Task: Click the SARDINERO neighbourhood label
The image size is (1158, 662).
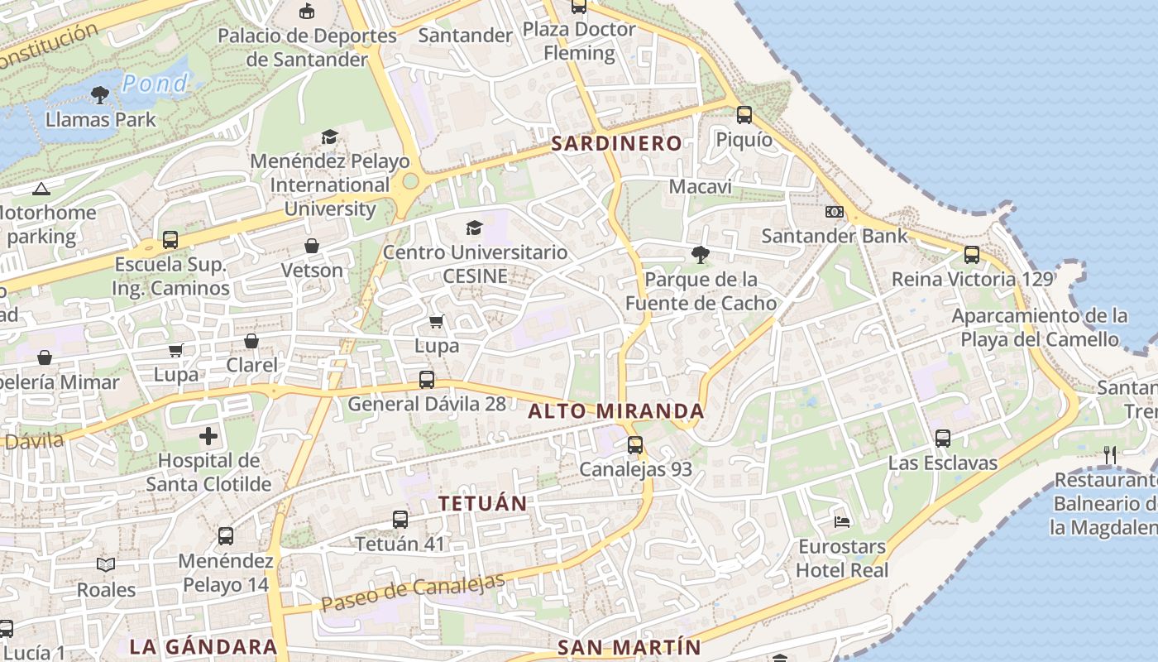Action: [x=616, y=143]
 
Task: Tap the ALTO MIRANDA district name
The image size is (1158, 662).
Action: [x=616, y=410]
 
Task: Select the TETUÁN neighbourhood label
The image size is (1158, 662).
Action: [x=482, y=503]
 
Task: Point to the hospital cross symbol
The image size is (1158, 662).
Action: [x=208, y=435]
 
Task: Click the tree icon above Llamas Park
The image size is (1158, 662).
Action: [x=100, y=95]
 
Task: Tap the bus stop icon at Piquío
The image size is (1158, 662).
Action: [x=744, y=115]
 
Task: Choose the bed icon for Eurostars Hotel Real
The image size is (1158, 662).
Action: [x=841, y=521]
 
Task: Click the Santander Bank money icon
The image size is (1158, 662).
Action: [x=834, y=212]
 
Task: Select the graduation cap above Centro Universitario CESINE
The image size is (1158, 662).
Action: [x=474, y=228]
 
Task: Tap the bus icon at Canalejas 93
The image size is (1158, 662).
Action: [x=635, y=445]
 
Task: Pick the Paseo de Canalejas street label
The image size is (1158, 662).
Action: [x=412, y=592]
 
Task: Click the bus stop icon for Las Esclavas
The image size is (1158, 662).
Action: [x=943, y=439]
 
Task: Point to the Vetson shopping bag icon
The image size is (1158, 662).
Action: [x=312, y=246]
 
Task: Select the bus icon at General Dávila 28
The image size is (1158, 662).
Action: [x=427, y=380]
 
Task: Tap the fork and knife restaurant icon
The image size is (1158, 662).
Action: [x=1110, y=454]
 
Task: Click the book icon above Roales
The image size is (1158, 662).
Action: [x=105, y=565]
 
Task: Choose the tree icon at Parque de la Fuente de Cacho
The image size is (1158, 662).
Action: [x=701, y=255]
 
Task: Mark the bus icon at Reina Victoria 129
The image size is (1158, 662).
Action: [x=972, y=255]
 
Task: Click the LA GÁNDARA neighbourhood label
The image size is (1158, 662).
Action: [x=203, y=646]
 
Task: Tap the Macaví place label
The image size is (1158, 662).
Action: [x=700, y=187]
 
